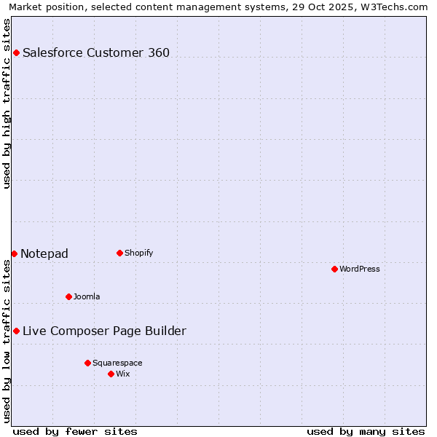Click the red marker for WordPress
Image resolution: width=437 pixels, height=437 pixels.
click(334, 269)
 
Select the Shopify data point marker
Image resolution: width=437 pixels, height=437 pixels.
click(119, 253)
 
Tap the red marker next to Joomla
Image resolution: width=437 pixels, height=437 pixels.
click(68, 296)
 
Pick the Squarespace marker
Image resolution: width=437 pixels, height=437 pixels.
click(87, 363)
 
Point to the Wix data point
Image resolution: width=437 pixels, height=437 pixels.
click(111, 374)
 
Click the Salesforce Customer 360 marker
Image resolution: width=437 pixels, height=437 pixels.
click(16, 52)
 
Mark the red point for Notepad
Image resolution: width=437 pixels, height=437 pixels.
click(14, 253)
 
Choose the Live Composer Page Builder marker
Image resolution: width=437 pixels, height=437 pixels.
click(16, 331)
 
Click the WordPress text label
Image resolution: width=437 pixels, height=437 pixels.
click(360, 269)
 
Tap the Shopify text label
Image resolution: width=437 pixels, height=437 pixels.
click(138, 253)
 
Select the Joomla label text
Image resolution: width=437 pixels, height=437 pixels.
click(87, 296)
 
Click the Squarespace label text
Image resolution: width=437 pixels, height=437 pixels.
click(117, 363)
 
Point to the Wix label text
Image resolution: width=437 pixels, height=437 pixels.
click(123, 374)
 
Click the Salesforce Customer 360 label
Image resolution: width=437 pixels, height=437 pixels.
click(96, 52)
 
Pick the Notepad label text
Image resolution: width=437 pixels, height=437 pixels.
click(44, 253)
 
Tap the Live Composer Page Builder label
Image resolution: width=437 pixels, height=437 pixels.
click(104, 331)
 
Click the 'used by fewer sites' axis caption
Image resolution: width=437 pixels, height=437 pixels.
click(75, 431)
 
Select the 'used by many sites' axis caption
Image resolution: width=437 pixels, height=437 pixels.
click(366, 431)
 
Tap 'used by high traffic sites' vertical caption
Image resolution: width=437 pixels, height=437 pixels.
click(7, 103)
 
